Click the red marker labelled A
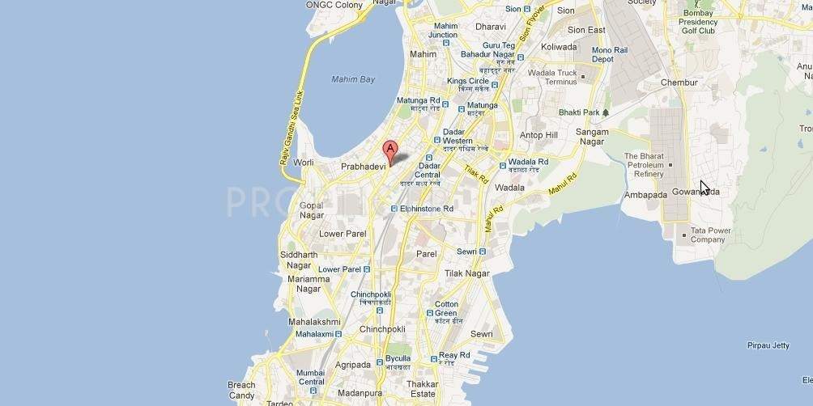(389, 150)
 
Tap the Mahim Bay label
(354, 79)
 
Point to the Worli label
(303, 163)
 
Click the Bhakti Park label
(580, 112)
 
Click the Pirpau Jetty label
(768, 345)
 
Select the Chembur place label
(679, 82)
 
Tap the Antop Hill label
(538, 135)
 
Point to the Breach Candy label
(241, 390)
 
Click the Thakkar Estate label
(423, 390)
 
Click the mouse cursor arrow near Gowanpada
(704, 188)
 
